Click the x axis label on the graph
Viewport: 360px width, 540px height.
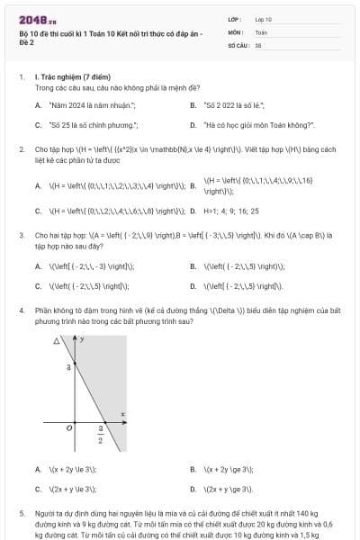[121, 414]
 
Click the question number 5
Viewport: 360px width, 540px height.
[22, 513]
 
